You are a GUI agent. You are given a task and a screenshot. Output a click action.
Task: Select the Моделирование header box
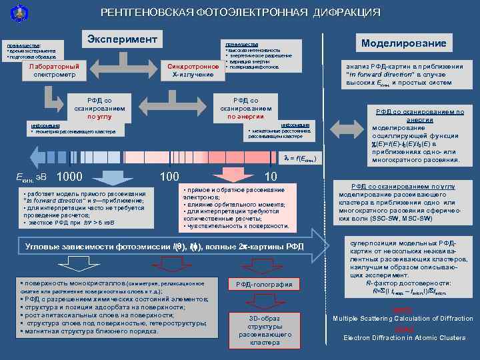[x=403, y=43]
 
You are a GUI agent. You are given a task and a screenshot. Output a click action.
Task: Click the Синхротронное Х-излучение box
[x=193, y=70]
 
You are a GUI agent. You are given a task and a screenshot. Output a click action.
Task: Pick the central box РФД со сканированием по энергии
[x=246, y=107]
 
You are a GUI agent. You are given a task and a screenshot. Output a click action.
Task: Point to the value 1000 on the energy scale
[x=70, y=177]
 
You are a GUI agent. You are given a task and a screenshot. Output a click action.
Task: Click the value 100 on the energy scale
[x=169, y=177]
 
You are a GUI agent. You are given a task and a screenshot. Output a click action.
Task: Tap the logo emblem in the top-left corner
[x=12, y=11]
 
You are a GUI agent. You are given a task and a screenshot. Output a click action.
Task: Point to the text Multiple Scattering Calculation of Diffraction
[x=403, y=319]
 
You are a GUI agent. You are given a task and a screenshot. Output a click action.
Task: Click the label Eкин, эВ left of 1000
[x=31, y=178]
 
